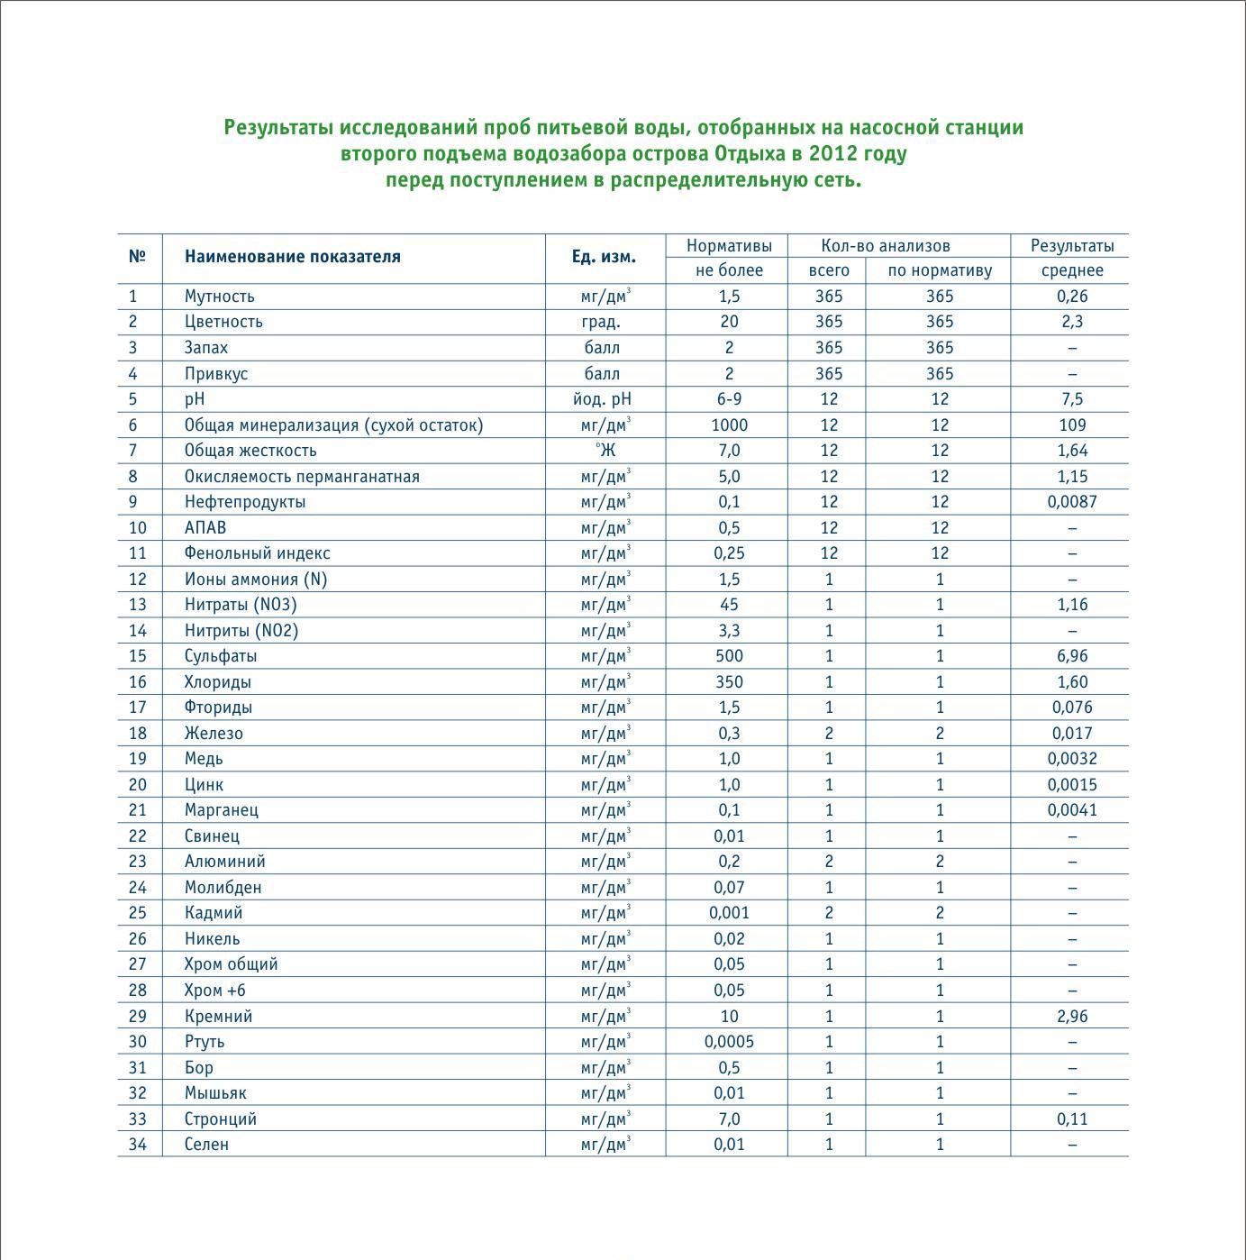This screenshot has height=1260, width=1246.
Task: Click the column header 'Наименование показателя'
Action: pos(292,257)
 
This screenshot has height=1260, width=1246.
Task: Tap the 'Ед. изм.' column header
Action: pos(604,257)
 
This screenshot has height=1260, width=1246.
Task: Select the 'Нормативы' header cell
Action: pos(729,245)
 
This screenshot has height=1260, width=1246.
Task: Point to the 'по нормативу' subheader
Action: pos(940,270)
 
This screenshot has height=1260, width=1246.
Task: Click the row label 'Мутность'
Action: pos(219,297)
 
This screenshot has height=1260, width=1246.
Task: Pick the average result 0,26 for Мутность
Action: pos(1072,297)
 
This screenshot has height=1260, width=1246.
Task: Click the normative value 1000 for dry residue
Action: pos(729,425)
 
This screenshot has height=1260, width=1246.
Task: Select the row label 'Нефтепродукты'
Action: pos(244,502)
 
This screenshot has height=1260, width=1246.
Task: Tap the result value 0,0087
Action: pos(1072,502)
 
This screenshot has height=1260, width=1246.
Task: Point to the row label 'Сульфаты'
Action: pos(220,656)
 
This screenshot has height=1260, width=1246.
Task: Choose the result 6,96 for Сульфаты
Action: pos(1072,656)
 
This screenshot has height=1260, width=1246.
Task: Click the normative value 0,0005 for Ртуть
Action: pos(729,1042)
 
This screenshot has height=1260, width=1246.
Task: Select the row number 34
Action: pos(137,1145)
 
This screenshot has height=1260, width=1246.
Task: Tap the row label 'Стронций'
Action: pos(220,1119)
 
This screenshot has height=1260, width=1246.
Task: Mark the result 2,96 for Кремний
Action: pos(1072,1017)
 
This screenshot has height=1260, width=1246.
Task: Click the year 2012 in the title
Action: pos(833,154)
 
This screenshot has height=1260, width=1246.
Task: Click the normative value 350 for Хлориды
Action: pos(729,682)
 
